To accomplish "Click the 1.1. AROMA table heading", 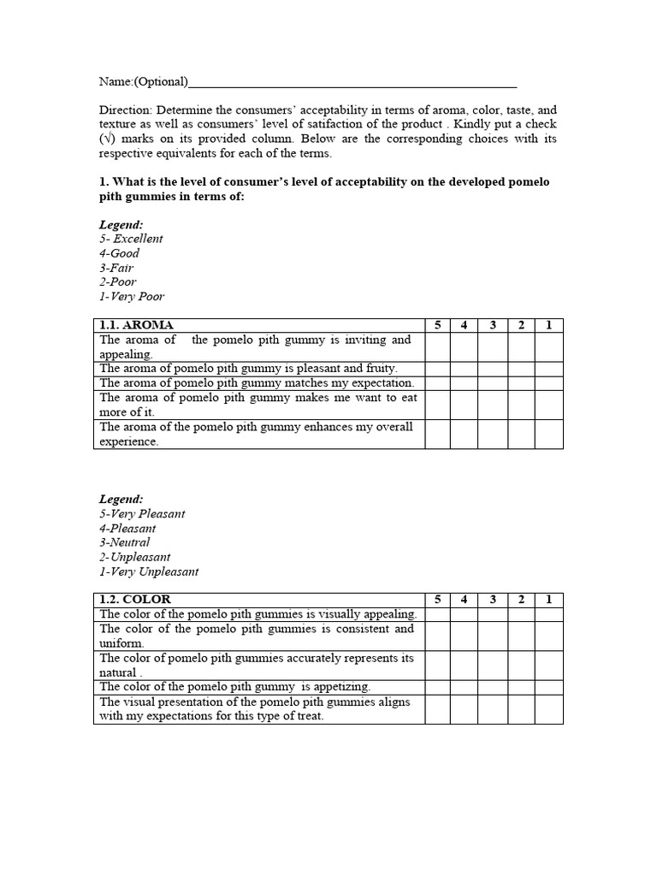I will pos(137,325).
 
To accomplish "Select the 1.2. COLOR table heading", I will pos(135,600).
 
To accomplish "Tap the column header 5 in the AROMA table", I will pos(437,325).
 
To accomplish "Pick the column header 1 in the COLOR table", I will pos(549,600).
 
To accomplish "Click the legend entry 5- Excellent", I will pos(131,239).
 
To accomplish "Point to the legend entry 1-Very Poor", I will pos(132,297).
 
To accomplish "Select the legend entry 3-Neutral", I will pos(125,542).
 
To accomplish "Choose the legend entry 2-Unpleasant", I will pos(135,557).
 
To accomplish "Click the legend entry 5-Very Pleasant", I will pos(142,514).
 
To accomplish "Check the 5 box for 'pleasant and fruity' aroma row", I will pos(437,369).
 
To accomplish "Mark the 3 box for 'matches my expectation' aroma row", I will pos(493,383).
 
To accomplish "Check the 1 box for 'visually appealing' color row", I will pos(549,614).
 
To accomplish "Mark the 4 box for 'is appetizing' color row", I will pos(464,687).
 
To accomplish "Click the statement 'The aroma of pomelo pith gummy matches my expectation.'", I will pos(257,383).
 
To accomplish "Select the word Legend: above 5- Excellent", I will pos(121,224).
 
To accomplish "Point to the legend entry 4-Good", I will pos(120,253).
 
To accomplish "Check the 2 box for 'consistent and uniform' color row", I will pos(521,636).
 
